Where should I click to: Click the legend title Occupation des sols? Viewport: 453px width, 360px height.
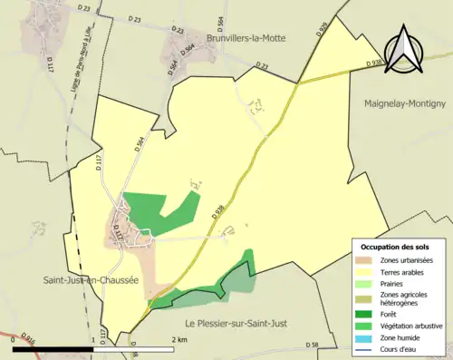click(x=395, y=247)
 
